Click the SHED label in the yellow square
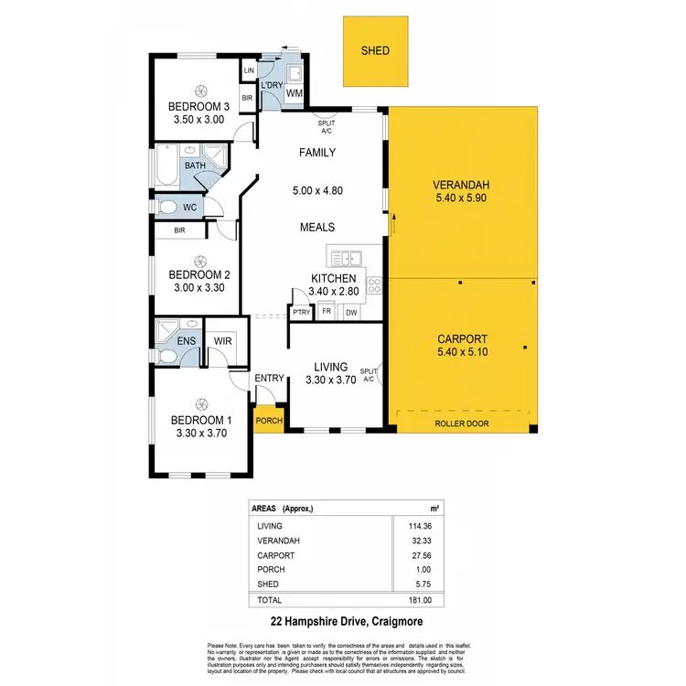[375, 50]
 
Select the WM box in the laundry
[295, 93]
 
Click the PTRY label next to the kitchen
[301, 313]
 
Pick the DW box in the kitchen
[351, 313]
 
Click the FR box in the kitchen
[327, 313]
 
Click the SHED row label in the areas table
[268, 584]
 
